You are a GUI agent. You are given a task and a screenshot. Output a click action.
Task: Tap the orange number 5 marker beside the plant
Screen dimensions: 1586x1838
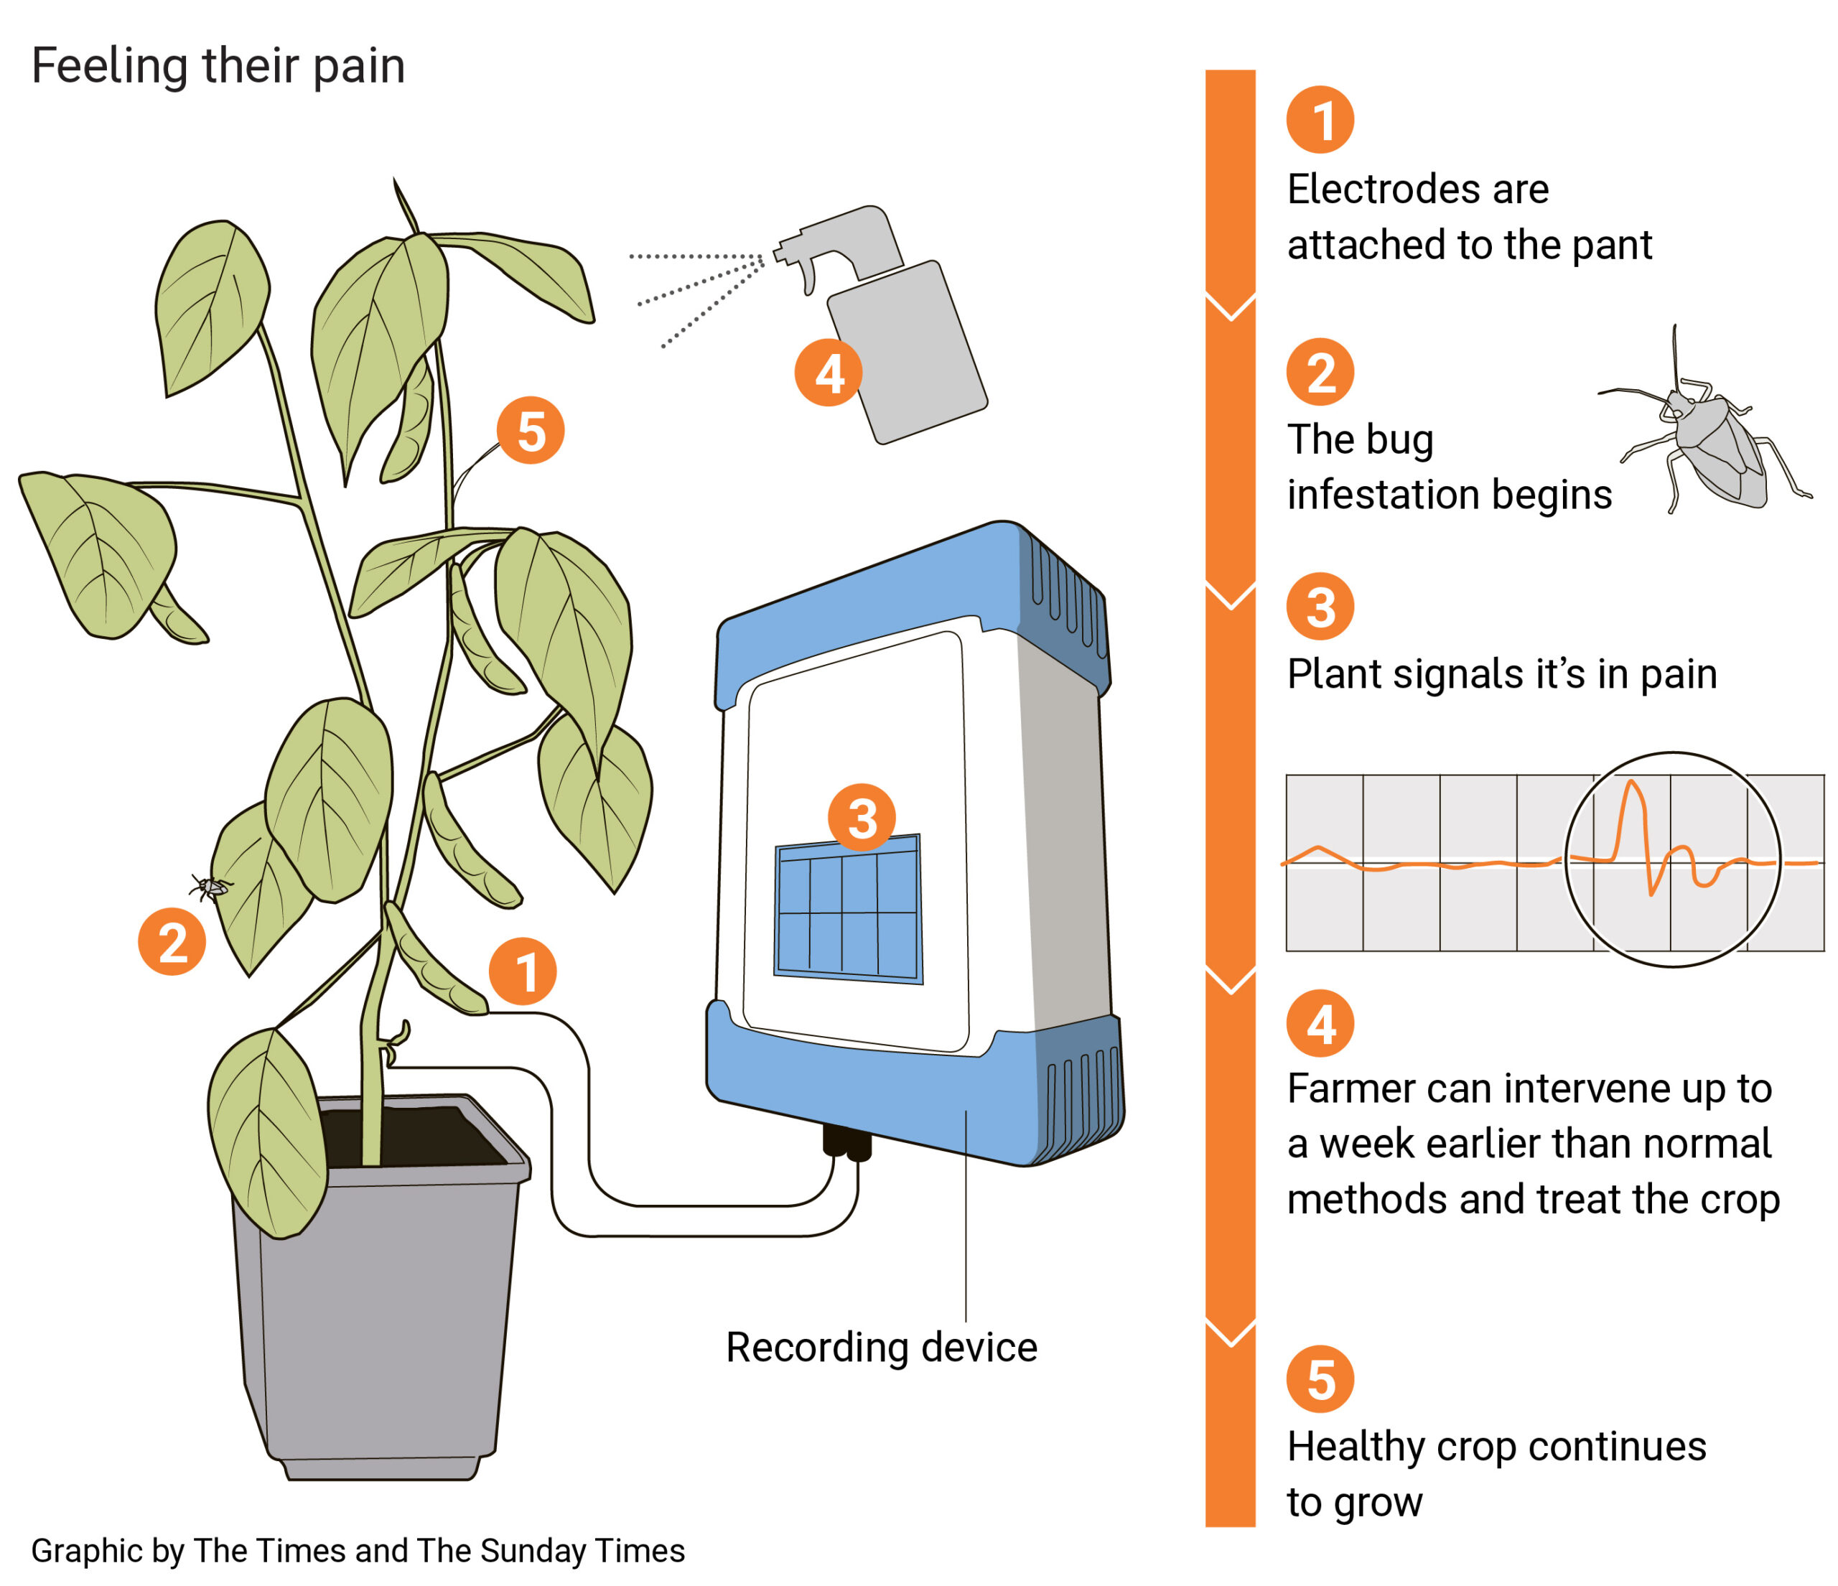point(531,431)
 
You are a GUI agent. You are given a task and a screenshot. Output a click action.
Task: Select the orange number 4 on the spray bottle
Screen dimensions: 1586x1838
point(829,373)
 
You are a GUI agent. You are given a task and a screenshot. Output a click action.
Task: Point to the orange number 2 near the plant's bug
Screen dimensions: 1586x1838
point(172,942)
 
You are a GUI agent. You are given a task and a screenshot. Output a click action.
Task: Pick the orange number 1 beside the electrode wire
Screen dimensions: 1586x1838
point(523,971)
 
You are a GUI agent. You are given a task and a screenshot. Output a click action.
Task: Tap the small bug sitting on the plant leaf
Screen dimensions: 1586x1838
point(211,885)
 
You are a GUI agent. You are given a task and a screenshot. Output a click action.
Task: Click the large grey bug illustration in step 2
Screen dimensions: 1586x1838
point(1712,444)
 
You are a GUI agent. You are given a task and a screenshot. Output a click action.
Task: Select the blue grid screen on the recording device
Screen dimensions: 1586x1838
point(849,909)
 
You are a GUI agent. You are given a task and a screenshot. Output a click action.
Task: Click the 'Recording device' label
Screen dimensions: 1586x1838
point(881,1348)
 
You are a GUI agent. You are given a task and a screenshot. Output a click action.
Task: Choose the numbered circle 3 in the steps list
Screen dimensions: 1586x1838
point(1320,607)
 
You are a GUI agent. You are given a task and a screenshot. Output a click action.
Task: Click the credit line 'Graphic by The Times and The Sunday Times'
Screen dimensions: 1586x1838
point(358,1551)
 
